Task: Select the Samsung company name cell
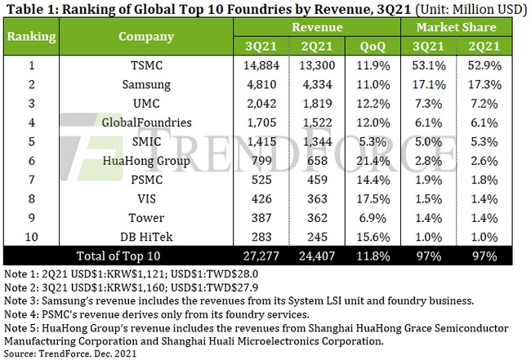click(146, 84)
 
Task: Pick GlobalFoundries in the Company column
click(146, 122)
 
